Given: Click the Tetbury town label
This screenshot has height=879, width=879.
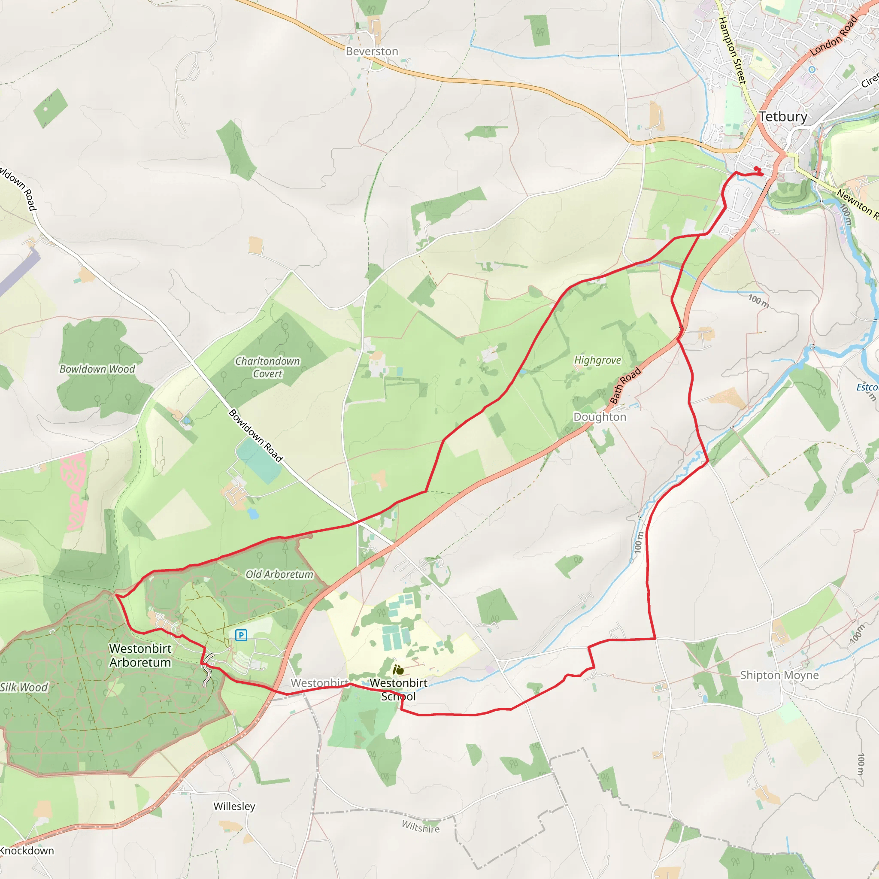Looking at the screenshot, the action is pos(783,116).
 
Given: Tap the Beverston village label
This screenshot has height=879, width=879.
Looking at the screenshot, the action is pos(372,52).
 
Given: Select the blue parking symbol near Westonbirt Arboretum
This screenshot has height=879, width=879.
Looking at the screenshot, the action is pos(241,635).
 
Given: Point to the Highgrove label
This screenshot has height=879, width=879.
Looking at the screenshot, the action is pos(597,361).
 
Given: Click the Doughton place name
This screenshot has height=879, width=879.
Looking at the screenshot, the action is pos(600,417).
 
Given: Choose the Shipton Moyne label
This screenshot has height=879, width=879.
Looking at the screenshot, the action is pos(779,675).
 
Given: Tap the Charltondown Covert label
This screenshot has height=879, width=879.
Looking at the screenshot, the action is pos(267,367).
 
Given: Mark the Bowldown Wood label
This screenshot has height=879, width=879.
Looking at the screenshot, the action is pos(97,369).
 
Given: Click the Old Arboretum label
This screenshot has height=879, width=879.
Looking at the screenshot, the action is pos(279,574).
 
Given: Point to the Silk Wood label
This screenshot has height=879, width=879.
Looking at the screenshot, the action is pos(24,687).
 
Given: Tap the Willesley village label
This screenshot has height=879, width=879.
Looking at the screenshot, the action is pos(234,806).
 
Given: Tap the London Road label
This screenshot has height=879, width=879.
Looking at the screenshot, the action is pos(834,36).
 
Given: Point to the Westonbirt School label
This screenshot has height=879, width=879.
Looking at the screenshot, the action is pos(399,689).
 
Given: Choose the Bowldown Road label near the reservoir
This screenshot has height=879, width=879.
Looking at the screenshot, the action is pos(256,435).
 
